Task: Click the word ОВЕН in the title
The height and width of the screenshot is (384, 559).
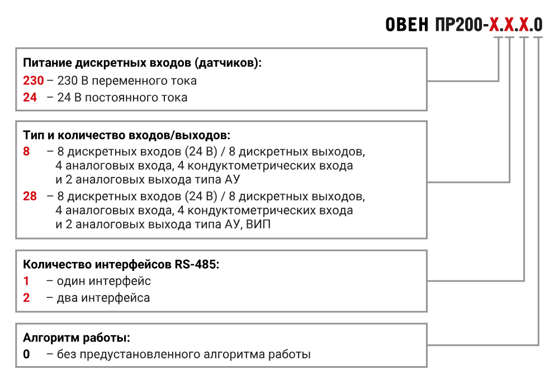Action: coord(407,25)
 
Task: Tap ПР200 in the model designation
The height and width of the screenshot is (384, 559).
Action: coord(459,25)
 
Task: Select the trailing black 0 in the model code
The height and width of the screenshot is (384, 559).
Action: coord(538,25)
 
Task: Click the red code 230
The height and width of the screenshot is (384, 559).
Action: coord(34,81)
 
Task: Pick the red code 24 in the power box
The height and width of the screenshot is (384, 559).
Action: coord(30,97)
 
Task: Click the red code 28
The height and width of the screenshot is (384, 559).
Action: coord(30,196)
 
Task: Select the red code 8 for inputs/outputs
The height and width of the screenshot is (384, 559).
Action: coord(26,151)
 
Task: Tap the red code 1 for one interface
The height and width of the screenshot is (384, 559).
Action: coord(26,281)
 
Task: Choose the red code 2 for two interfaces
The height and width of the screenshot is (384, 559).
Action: coord(26,298)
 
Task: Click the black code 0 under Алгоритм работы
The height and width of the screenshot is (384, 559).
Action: coord(26,354)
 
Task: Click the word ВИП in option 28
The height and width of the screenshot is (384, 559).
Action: coord(258,224)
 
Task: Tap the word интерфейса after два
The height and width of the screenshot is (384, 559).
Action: coord(116,298)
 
